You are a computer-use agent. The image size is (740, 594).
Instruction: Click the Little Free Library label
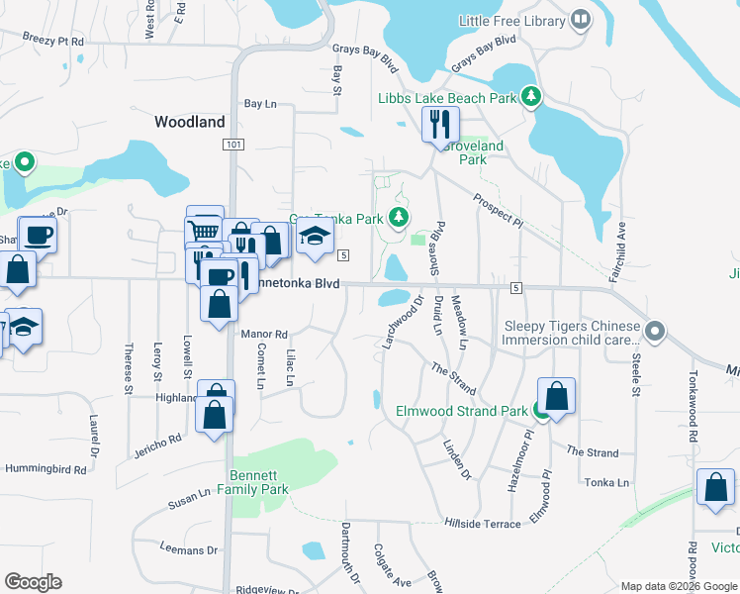[x=511, y=20]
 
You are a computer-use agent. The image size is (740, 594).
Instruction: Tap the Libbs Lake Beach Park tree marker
[x=532, y=96]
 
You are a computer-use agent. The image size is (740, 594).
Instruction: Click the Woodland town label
[x=190, y=122]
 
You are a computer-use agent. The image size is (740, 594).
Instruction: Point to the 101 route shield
[x=232, y=145]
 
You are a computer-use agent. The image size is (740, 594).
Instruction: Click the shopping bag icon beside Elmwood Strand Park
[x=557, y=395]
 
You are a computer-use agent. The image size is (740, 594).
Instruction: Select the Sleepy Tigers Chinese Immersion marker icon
[x=654, y=331]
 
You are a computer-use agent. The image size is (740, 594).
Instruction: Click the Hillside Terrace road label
[x=482, y=524]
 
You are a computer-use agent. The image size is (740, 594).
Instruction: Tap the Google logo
[x=34, y=581]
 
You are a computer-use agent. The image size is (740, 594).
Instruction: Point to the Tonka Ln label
[x=608, y=482]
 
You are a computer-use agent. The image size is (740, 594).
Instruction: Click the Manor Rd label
[x=264, y=335]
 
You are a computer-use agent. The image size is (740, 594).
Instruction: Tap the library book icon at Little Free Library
[x=580, y=19]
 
